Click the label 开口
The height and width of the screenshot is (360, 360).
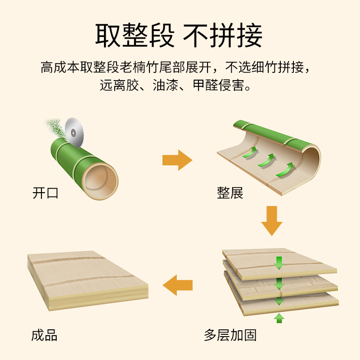tap(46, 193)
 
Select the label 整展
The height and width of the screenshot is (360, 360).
tap(230, 193)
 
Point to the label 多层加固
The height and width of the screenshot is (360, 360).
tap(230, 335)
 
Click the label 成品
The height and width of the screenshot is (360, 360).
tap(45, 335)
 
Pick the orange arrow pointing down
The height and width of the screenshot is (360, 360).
tap(271, 220)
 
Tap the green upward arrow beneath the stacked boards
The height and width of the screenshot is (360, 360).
tap(279, 318)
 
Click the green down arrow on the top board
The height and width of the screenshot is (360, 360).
tap(279, 262)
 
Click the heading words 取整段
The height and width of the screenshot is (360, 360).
tap(135, 36)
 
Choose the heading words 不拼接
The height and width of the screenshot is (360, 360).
tap(223, 36)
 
